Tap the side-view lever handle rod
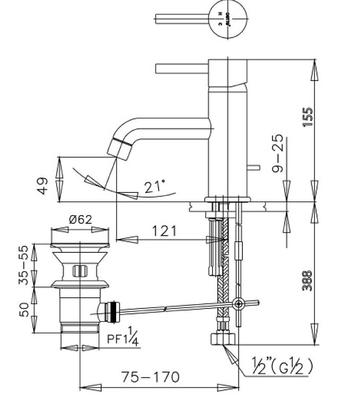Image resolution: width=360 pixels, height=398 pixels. coord(180,68)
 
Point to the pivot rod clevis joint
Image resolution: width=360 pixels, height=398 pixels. coord(238,304)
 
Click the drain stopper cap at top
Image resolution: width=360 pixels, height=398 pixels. coord(80,245)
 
